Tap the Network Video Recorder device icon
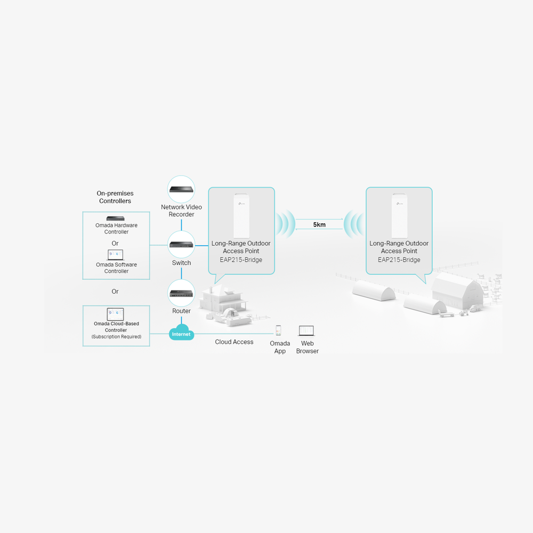181,189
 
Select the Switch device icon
181,245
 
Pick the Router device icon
181,293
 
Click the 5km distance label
319,225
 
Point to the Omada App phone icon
278,330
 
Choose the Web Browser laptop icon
306,331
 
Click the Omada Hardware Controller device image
116,219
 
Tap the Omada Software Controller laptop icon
115,255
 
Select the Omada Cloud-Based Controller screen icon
115,314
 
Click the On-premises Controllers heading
115,197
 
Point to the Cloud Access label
234,342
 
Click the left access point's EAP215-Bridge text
241,260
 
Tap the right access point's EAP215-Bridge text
399,260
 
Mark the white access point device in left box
241,215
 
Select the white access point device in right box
399,215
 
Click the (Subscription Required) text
116,336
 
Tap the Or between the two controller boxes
115,292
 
